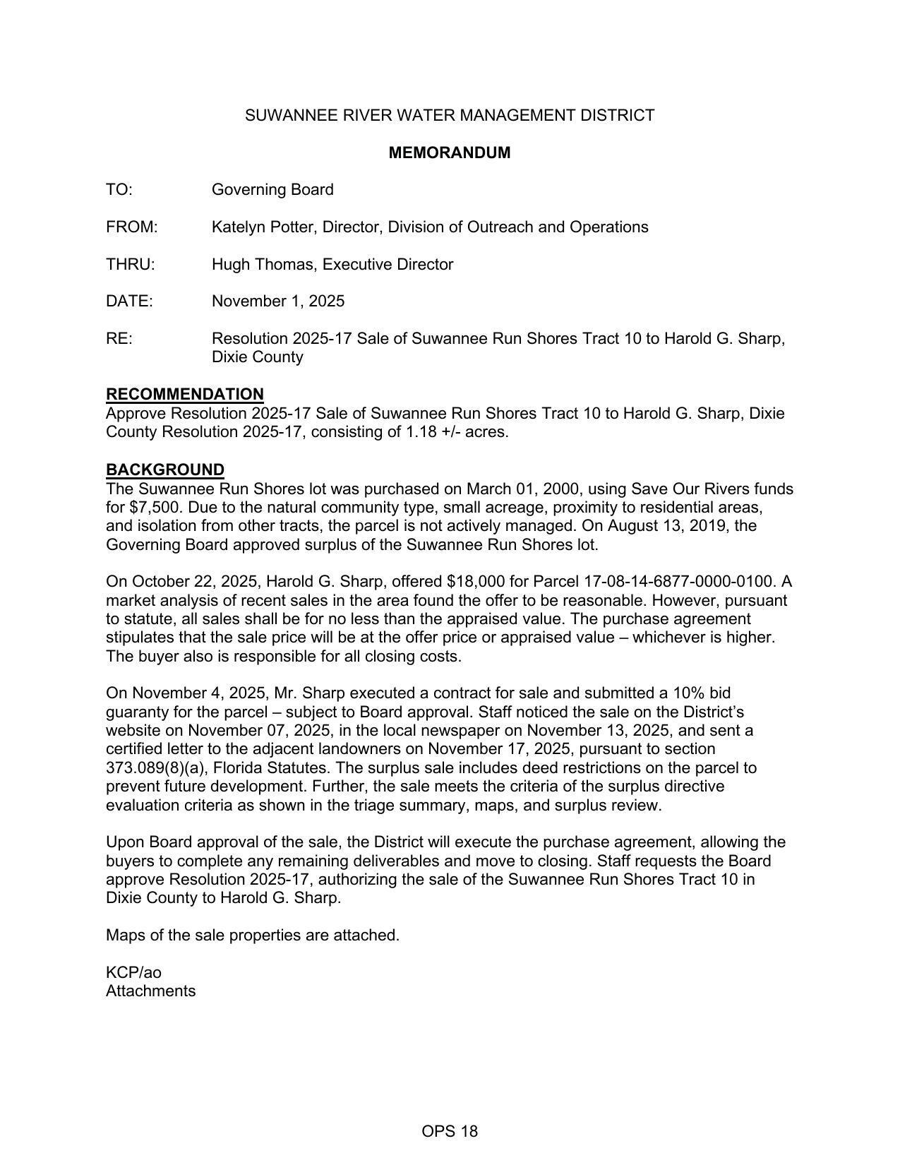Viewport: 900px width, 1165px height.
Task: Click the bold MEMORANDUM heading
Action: (450, 153)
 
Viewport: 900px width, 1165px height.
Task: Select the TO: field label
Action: (119, 190)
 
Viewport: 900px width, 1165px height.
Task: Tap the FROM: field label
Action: (132, 227)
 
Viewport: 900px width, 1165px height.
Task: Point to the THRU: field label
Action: (131, 265)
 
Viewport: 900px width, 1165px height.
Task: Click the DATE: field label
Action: (129, 301)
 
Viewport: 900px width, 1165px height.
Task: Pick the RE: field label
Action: (119, 339)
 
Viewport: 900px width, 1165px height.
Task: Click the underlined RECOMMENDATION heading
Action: (185, 394)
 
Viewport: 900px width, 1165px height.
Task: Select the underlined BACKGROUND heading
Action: (165, 470)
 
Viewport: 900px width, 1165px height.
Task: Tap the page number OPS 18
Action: (450, 1132)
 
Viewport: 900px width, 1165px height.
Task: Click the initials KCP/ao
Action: (133, 972)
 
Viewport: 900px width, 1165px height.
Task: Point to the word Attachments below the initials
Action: (150, 991)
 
